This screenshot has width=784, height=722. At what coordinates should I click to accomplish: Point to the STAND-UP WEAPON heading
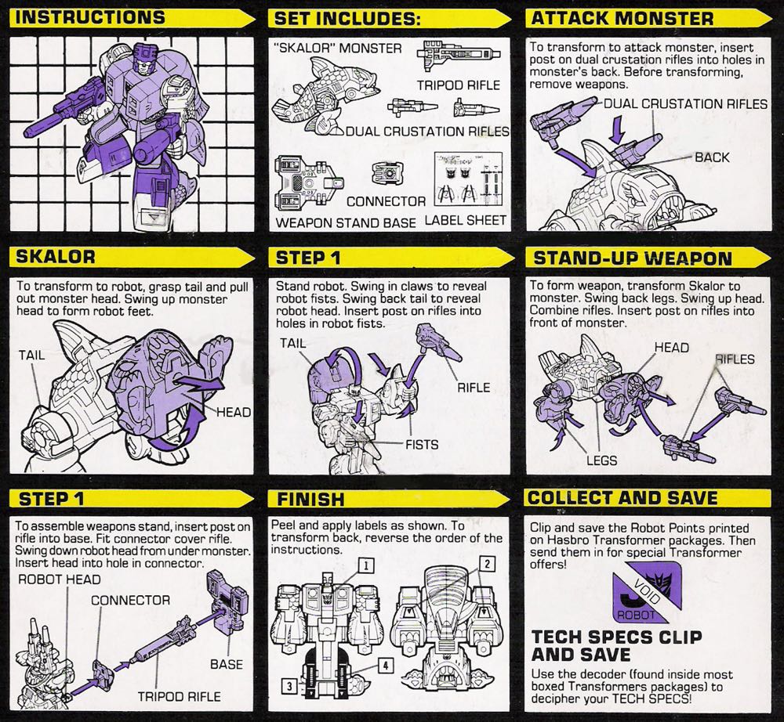[x=632, y=258]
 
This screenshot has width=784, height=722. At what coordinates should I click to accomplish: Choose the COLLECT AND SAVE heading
[x=622, y=498]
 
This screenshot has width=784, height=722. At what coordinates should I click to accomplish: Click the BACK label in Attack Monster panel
[x=711, y=157]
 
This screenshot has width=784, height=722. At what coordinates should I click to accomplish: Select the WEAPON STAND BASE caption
[x=346, y=222]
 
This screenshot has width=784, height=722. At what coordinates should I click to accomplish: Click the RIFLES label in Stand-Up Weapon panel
[x=735, y=359]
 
